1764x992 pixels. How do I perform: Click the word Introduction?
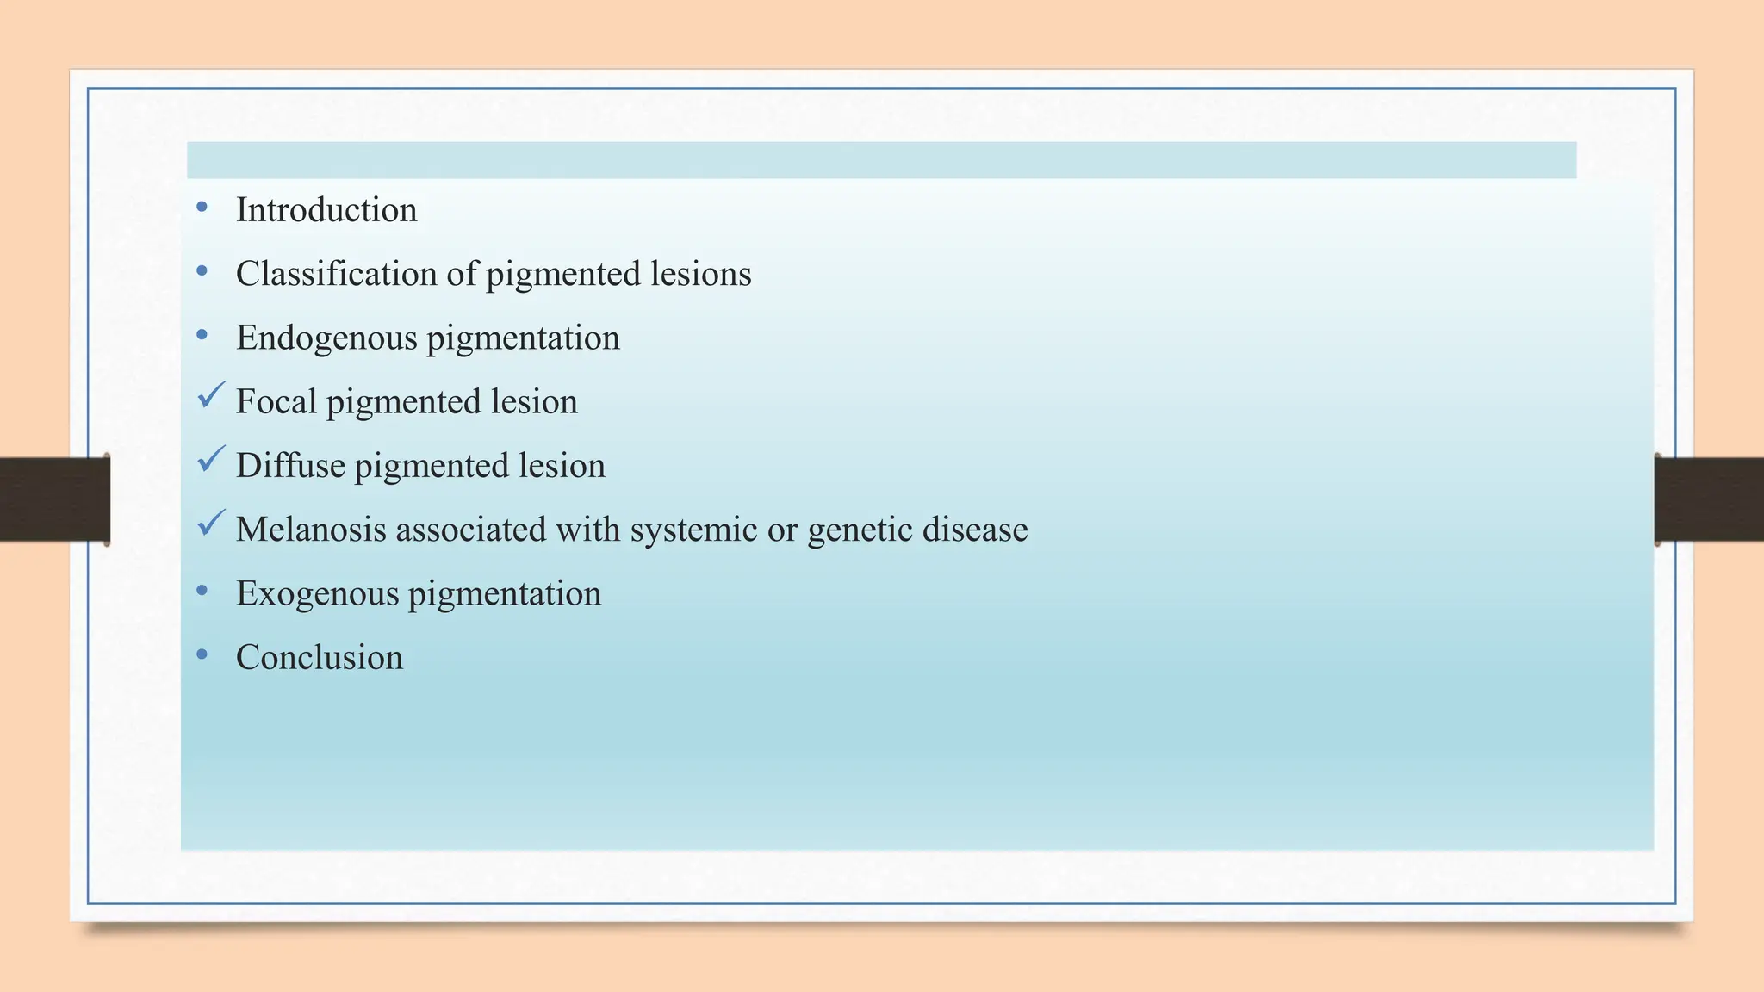pyautogui.click(x=326, y=210)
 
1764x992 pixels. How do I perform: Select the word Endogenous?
pyautogui.click(x=326, y=338)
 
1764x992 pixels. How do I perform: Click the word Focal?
pyautogui.click(x=276, y=401)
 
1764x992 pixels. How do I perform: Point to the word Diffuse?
pyautogui.click(x=290, y=465)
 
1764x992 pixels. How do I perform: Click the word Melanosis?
pyautogui.click(x=311, y=529)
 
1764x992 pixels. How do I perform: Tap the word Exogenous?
pyautogui.click(x=317, y=593)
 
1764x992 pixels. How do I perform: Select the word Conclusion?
pyautogui.click(x=320, y=657)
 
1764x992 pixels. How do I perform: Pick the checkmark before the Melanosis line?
pyautogui.click(x=211, y=523)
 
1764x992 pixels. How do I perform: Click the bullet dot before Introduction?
pyautogui.click(x=202, y=207)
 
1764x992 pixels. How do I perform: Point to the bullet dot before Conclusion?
pyautogui.click(x=202, y=654)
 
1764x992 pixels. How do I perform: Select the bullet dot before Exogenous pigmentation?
pyautogui.click(x=202, y=591)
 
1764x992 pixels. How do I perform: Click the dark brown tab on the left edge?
pyautogui.click(x=54, y=499)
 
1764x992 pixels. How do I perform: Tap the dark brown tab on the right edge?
pyautogui.click(x=1709, y=499)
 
